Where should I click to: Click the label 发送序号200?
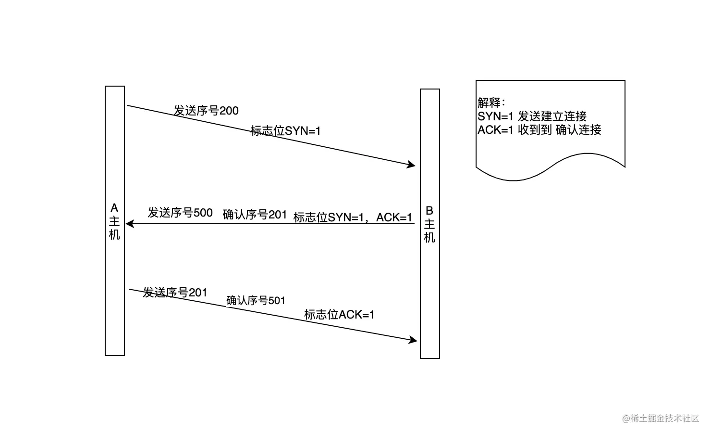[x=206, y=111]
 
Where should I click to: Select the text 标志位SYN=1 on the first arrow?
[x=285, y=130]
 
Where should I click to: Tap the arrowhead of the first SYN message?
[x=412, y=165]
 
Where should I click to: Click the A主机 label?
[x=114, y=221]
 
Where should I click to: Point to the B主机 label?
[x=429, y=224]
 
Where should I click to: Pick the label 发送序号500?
[x=180, y=213]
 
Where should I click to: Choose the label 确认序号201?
[x=255, y=215]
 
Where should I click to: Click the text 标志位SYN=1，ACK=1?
[x=353, y=217]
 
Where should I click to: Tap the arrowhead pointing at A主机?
[x=129, y=224]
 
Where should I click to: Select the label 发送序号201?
[x=175, y=292]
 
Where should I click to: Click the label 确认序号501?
[x=256, y=301]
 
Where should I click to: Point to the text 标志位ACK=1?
[x=339, y=315]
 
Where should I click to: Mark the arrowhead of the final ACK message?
[x=414, y=340]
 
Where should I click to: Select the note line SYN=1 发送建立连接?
[x=532, y=116]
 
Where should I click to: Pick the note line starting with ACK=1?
[x=539, y=129]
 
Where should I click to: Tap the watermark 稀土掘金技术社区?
[x=661, y=418]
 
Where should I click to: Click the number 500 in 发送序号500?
[x=203, y=213]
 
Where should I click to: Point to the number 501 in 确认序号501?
[x=277, y=301]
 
